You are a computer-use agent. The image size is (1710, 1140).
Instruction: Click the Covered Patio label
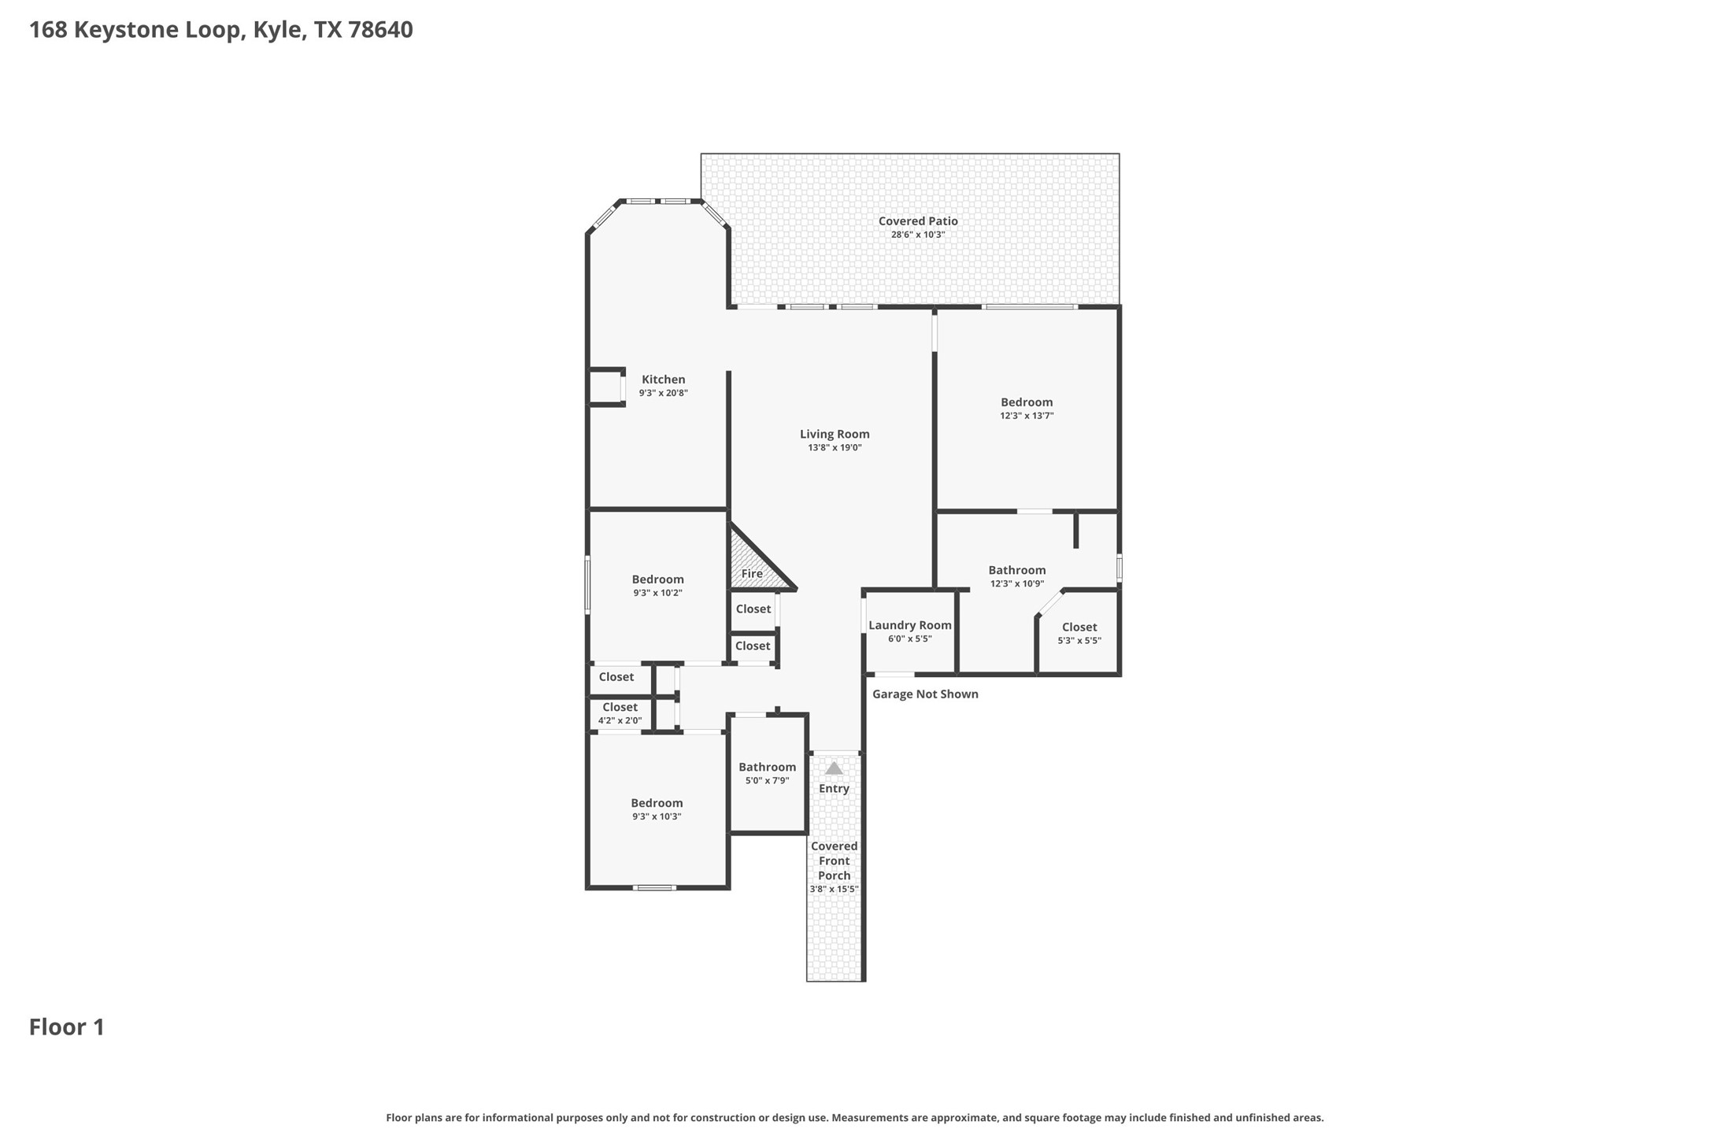pyautogui.click(x=918, y=221)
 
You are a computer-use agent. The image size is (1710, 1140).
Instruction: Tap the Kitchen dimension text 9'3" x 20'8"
pyautogui.click(x=663, y=393)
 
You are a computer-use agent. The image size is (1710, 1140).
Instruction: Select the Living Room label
pyautogui.click(x=835, y=434)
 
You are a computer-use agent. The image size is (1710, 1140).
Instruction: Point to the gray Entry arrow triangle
pyautogui.click(x=834, y=768)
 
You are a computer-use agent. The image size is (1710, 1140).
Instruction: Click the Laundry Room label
pyautogui.click(x=909, y=625)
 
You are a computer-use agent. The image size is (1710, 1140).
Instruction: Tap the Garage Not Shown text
pyautogui.click(x=925, y=694)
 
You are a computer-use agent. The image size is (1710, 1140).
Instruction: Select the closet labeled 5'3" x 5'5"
pyautogui.click(x=1079, y=633)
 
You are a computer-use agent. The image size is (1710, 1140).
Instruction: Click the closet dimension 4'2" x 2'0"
pyautogui.click(x=620, y=720)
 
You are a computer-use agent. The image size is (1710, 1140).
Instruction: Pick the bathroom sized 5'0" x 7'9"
pyautogui.click(x=767, y=773)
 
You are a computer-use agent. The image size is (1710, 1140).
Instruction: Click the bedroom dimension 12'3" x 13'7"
pyautogui.click(x=1027, y=416)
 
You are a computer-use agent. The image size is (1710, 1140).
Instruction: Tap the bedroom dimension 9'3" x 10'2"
pyautogui.click(x=657, y=593)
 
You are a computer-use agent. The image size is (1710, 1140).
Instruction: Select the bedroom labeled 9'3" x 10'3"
pyautogui.click(x=657, y=809)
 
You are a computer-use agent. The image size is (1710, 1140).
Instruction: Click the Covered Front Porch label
pyautogui.click(x=834, y=861)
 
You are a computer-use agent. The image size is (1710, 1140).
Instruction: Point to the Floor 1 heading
pyautogui.click(x=67, y=1027)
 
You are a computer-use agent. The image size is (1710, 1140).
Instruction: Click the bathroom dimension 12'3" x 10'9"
pyautogui.click(x=1016, y=584)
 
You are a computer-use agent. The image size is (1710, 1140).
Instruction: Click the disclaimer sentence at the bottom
pyautogui.click(x=854, y=1117)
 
